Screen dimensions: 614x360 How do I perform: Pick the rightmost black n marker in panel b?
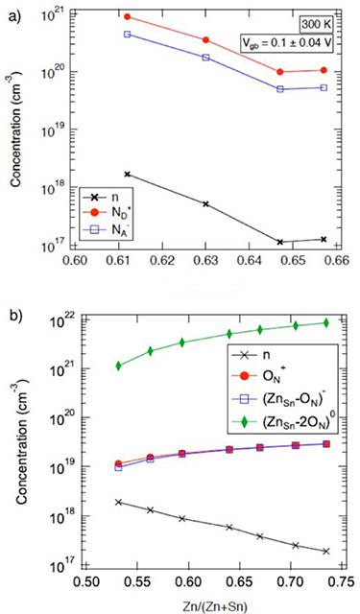click(326, 552)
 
